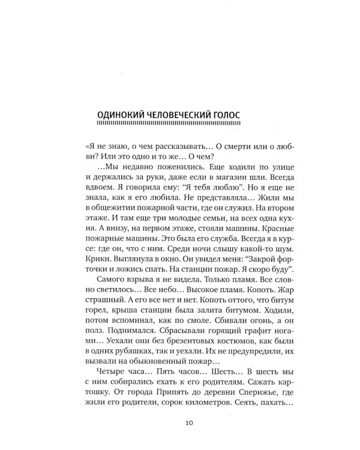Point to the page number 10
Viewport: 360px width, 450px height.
point(189,424)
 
